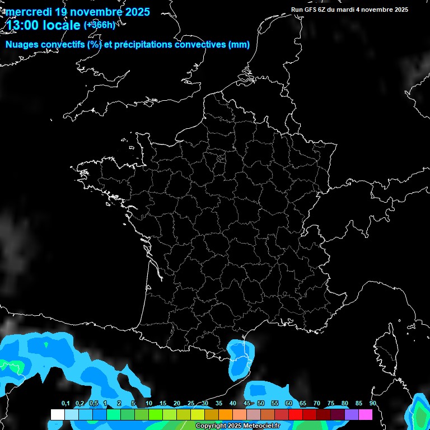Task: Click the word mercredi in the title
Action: [28, 11]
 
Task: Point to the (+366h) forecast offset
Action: [99, 25]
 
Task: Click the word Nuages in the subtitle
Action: [24, 45]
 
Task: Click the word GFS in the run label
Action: [311, 10]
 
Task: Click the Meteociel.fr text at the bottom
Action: [261, 426]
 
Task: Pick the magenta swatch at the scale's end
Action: [366, 414]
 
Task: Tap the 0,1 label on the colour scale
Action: [65, 404]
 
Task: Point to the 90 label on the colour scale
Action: [372, 404]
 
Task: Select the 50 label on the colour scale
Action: [261, 404]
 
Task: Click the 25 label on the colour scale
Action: [191, 404]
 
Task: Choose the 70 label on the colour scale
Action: [317, 404]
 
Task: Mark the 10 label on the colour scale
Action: [149, 404]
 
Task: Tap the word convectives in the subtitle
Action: [200, 45]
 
